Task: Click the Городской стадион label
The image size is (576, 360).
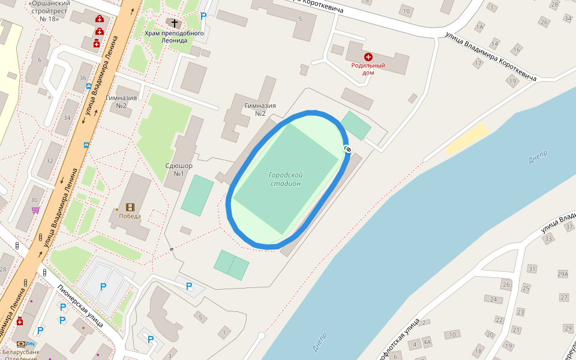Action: pos(285,179)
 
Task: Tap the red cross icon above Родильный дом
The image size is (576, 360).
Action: pos(368,56)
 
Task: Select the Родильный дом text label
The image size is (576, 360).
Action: pos(368,68)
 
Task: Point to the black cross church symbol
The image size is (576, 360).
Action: pos(175,23)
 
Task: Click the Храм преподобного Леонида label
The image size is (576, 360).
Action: pos(174,37)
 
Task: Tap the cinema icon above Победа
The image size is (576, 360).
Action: pos(130,207)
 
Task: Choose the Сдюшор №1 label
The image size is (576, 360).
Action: pos(183,169)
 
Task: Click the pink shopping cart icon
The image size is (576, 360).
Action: pos(36,210)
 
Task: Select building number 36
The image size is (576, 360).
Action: pos(83,78)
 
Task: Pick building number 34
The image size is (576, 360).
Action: pos(67,118)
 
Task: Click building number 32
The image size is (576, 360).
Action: pos(50,161)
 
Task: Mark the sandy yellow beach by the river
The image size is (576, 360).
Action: pos(467,139)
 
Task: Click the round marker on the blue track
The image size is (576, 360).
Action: pos(348,148)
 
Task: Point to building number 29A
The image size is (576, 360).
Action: pos(562,274)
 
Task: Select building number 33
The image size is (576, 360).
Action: pos(547,239)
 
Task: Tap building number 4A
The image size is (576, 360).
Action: pos(427,343)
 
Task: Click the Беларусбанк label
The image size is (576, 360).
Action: pos(20,352)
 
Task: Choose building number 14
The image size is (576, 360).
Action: pos(495,43)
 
